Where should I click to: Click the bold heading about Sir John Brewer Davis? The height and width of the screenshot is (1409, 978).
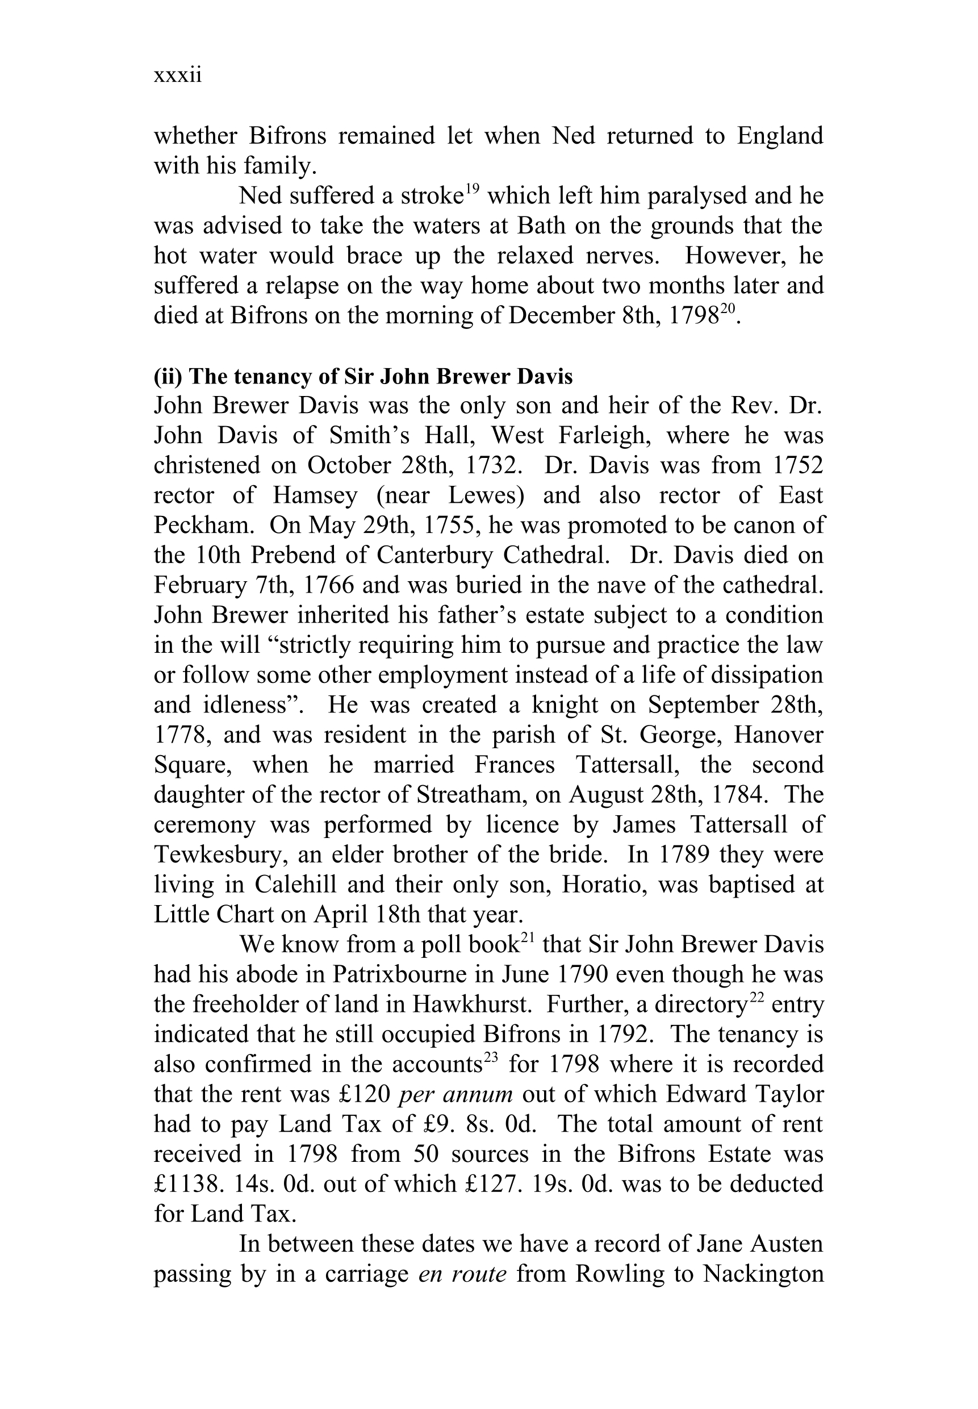point(363,376)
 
